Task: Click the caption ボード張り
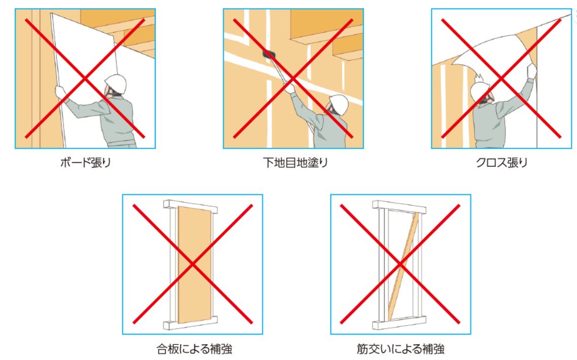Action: click(x=85, y=162)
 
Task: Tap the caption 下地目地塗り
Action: click(x=295, y=162)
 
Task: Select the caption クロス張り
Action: click(x=501, y=162)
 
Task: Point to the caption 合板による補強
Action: click(x=194, y=348)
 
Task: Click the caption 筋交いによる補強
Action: click(x=400, y=348)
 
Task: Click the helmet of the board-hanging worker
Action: click(x=116, y=83)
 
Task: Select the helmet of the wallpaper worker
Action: click(x=480, y=91)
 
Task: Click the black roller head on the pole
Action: click(x=269, y=54)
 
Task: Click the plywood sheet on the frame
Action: click(x=195, y=264)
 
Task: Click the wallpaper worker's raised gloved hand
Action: click(x=531, y=71)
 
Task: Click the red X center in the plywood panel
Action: click(x=192, y=264)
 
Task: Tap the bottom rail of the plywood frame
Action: click(x=190, y=322)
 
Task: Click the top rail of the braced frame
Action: click(x=399, y=207)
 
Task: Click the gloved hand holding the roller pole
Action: click(x=290, y=88)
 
